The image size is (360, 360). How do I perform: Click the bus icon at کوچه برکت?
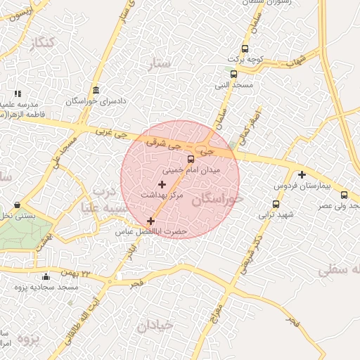[x=245, y=49]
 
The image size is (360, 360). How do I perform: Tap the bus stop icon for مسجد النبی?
[x=233, y=74]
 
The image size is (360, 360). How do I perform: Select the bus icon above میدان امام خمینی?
[x=191, y=159]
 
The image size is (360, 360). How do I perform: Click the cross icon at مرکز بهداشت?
[x=162, y=184]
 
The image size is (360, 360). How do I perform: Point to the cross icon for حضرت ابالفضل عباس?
[x=150, y=221]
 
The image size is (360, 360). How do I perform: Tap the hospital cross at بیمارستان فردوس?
[x=302, y=174]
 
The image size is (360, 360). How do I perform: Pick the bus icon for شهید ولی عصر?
[x=344, y=195]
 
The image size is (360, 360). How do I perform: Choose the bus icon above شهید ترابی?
[x=276, y=204]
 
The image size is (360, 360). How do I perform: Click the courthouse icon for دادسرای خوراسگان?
[x=96, y=90]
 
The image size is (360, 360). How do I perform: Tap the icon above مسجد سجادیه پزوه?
[x=46, y=276]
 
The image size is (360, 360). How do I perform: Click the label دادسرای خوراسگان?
[x=96, y=101]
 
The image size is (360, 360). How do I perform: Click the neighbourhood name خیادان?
[x=155, y=325]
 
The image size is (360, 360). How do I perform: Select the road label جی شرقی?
[x=162, y=143]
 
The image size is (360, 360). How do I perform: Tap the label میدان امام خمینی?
[x=191, y=170]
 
